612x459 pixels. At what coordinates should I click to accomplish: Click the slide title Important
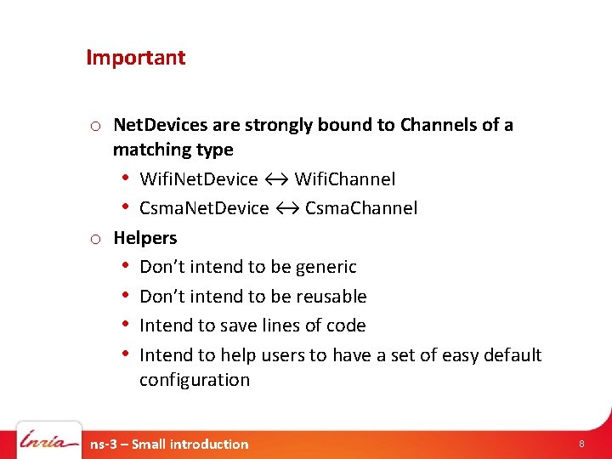135,58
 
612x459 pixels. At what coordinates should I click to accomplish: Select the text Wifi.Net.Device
198,178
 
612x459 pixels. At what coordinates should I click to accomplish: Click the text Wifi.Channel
344,178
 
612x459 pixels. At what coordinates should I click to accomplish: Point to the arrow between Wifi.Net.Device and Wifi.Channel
275,178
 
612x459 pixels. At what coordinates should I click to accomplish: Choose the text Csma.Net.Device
204,208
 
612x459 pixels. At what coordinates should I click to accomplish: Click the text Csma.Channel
361,208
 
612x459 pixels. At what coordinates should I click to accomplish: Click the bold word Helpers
145,237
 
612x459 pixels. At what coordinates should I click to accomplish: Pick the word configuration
195,380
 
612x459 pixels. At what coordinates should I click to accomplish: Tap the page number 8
581,444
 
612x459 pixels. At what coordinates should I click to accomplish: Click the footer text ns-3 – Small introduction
169,444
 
